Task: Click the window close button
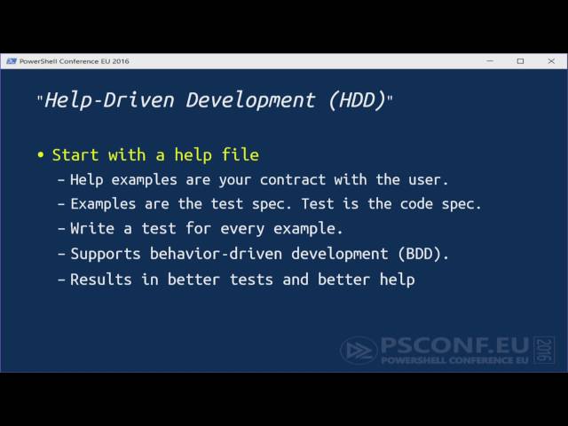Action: coord(549,61)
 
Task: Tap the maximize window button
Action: coord(520,61)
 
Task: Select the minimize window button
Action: coord(491,61)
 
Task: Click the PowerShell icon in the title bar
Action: coord(11,61)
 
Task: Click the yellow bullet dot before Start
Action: coord(40,155)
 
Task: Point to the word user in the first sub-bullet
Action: coord(429,179)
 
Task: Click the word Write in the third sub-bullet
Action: coord(91,228)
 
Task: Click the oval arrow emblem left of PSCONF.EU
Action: coord(359,350)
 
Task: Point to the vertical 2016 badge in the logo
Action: coord(544,350)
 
